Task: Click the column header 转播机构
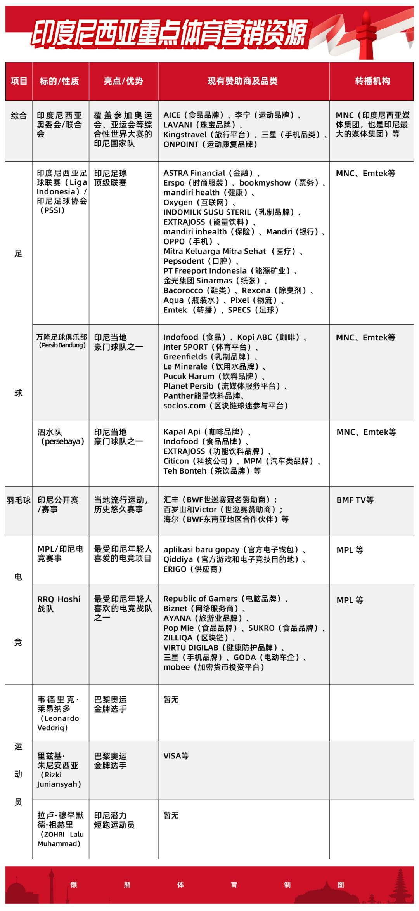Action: (372, 81)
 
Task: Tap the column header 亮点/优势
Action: (123, 81)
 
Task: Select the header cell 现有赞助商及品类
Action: (242, 81)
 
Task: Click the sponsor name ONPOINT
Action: (181, 144)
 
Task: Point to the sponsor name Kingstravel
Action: (185, 135)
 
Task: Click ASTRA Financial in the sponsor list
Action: (194, 173)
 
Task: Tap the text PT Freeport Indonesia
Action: (205, 271)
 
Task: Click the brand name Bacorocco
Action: (183, 290)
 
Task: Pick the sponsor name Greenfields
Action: (185, 357)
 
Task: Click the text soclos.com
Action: (184, 406)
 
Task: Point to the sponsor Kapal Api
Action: (182, 432)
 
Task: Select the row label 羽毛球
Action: (19, 500)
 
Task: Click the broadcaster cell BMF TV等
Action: (355, 500)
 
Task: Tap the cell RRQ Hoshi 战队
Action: (59, 604)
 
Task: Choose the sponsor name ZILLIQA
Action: (178, 638)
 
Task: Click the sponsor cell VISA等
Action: (176, 756)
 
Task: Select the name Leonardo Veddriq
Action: (58, 723)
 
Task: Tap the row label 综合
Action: (19, 115)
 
